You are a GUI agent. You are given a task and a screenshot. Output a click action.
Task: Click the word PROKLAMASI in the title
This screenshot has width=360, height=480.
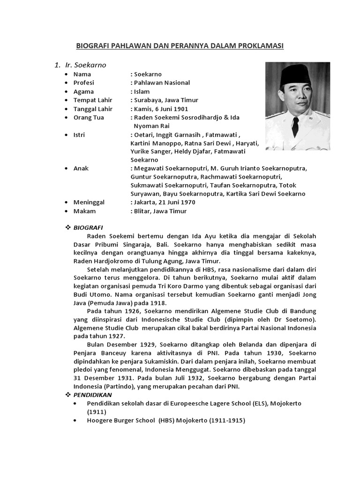pos(261,45)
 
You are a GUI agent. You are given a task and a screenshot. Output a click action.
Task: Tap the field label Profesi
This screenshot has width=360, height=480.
pos(83,83)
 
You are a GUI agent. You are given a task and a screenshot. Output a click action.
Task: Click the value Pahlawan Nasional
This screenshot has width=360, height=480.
pos(162,83)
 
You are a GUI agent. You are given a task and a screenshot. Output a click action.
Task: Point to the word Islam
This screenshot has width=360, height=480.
pos(142,91)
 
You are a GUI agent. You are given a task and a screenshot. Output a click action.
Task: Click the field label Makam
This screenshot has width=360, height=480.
pos(84,211)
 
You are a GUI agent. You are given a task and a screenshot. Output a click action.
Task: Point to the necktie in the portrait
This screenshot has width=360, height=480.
pos(296,126)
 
